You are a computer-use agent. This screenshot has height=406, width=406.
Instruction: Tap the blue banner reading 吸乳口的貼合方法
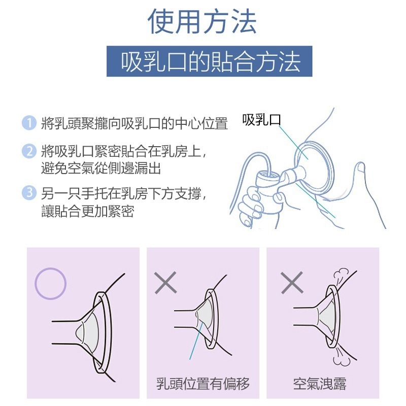tap(209, 61)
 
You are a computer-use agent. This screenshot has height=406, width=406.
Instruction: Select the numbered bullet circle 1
tap(29, 123)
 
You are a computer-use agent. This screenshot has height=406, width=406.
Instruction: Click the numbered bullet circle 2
tap(29, 151)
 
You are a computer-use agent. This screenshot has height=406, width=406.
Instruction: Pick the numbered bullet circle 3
tap(29, 192)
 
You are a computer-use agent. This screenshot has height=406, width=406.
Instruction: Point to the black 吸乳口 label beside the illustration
tap(261, 120)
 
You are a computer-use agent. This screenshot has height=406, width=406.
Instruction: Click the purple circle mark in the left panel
tap(50, 284)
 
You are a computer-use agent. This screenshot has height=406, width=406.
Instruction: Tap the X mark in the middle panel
tap(165, 282)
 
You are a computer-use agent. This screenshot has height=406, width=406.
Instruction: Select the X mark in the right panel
tap(291, 282)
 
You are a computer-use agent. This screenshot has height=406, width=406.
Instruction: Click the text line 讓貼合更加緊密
tap(87, 211)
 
